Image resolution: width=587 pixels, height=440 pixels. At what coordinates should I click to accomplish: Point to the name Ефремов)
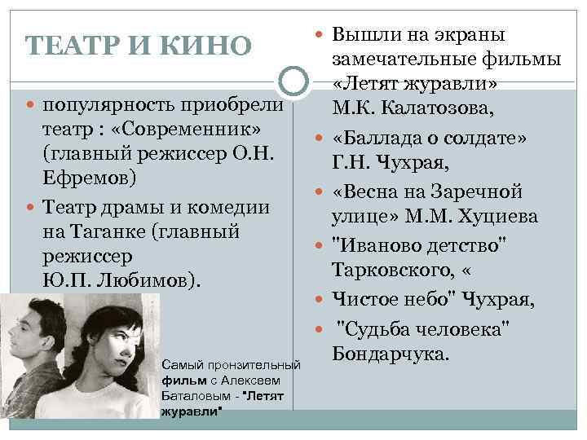[89, 178]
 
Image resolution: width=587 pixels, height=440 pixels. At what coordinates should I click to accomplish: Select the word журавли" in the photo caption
[192, 410]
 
